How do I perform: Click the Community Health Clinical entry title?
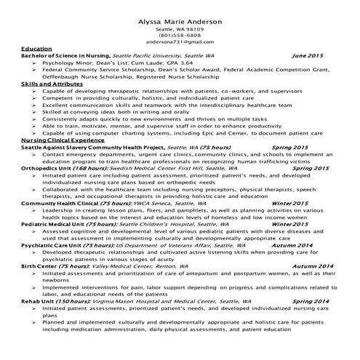[65, 203]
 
